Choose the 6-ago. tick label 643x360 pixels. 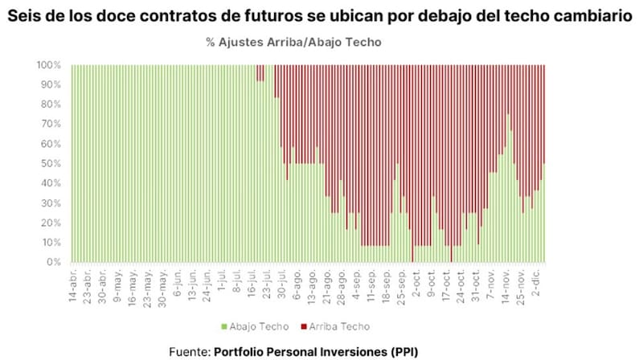(296, 282)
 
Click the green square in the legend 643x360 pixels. (224, 327)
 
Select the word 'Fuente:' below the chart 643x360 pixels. (190, 351)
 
